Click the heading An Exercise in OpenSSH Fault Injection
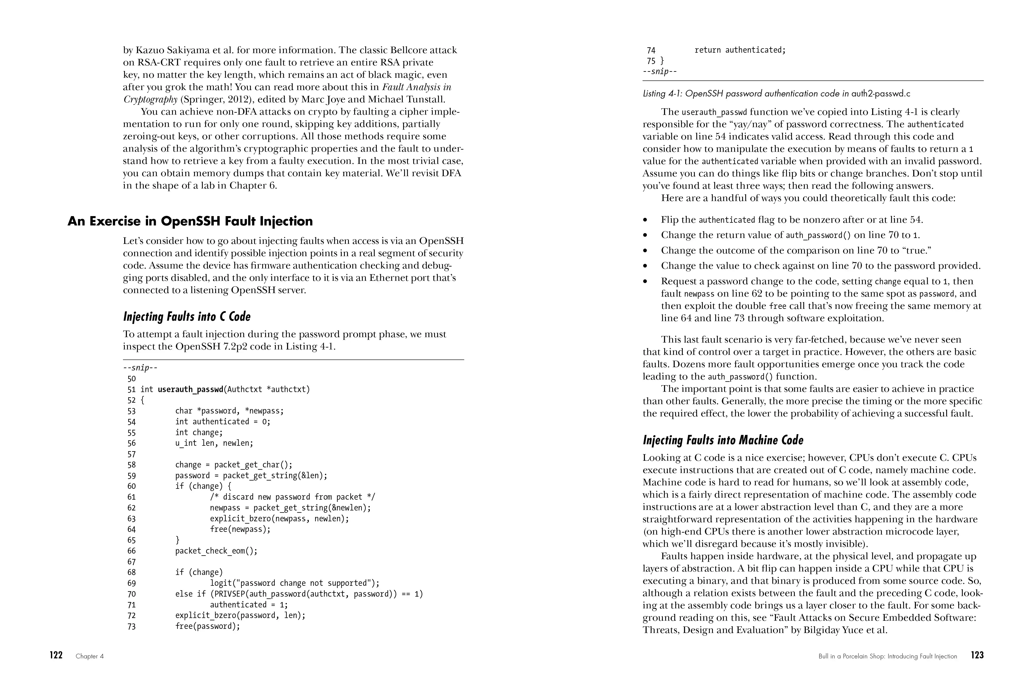click(x=190, y=221)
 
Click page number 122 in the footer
click(x=56, y=655)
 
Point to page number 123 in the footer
click(x=977, y=655)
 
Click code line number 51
click(x=132, y=389)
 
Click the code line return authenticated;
click(x=740, y=50)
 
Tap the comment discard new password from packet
click(x=292, y=497)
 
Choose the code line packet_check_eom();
click(x=216, y=551)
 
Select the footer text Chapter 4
click(x=90, y=656)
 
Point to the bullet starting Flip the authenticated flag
click(x=791, y=220)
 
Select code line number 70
click(x=132, y=594)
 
